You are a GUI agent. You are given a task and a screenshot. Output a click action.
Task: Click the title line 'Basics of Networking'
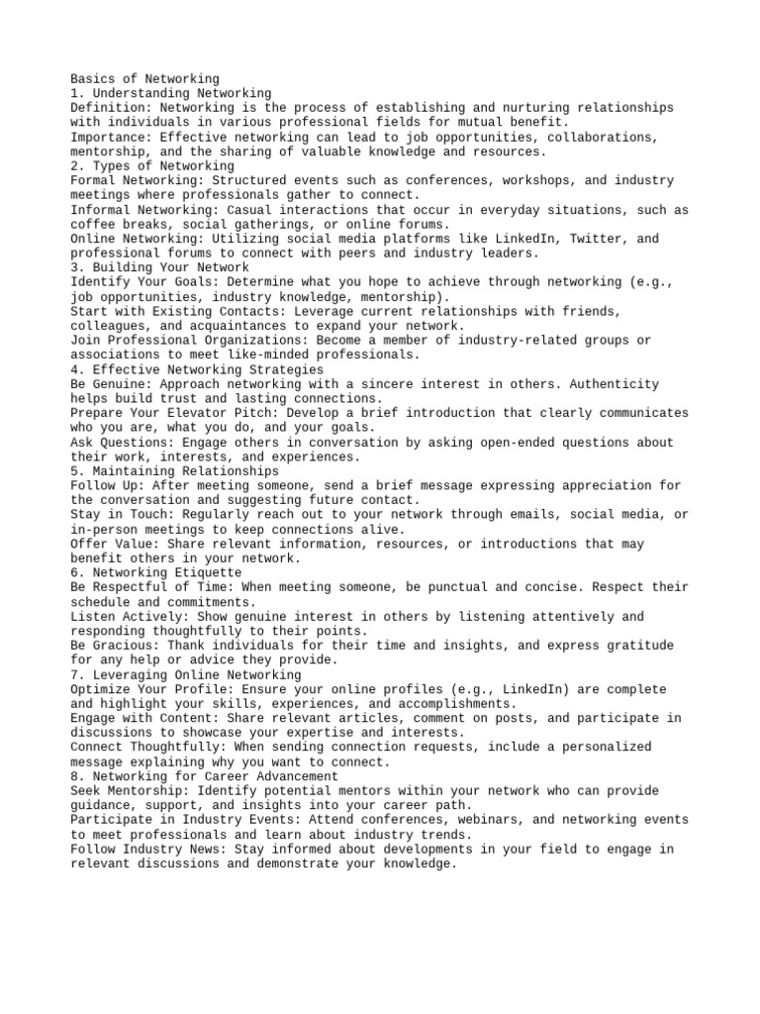pyautogui.click(x=145, y=78)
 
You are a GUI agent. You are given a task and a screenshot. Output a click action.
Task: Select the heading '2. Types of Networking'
pyautogui.click(x=152, y=166)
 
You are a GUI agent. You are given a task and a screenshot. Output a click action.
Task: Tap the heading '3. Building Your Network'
pyautogui.click(x=160, y=267)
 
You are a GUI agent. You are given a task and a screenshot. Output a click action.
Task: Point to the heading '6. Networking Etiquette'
pyautogui.click(x=156, y=572)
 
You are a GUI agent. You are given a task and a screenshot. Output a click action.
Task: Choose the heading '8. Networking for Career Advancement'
pyautogui.click(x=205, y=776)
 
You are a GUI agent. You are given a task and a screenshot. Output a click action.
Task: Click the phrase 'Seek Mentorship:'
pyautogui.click(x=131, y=791)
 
